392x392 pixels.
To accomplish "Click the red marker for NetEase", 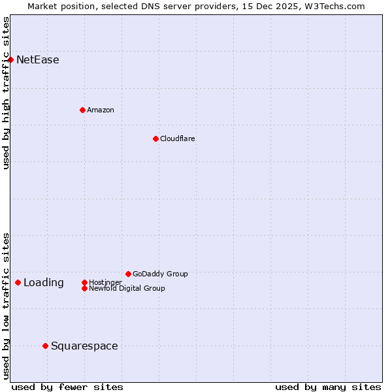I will click(x=10, y=59).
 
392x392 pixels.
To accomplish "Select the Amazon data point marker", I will click(x=82, y=110).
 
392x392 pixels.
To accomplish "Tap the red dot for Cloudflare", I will click(x=155, y=139).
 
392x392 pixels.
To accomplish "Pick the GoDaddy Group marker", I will click(x=128, y=274).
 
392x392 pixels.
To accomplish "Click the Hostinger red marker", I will click(x=84, y=282).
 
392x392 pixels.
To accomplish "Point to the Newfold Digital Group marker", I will click(x=84, y=288).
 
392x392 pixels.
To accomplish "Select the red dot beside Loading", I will click(x=18, y=282).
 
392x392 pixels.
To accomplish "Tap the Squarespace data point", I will click(x=45, y=346).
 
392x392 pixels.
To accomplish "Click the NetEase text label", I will click(x=38, y=60).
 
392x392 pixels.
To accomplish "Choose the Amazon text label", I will click(x=101, y=110).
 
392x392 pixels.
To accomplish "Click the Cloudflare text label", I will click(x=178, y=139).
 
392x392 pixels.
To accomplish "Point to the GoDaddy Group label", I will click(x=160, y=274).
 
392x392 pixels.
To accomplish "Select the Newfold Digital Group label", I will click(x=127, y=288).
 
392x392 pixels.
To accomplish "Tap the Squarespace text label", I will click(x=84, y=346).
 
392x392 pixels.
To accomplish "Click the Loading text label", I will click(x=44, y=283).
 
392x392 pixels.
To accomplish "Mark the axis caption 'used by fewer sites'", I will click(x=67, y=387).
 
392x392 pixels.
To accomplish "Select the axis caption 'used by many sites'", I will click(x=328, y=387).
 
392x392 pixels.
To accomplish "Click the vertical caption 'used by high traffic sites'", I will click(x=6, y=93).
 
